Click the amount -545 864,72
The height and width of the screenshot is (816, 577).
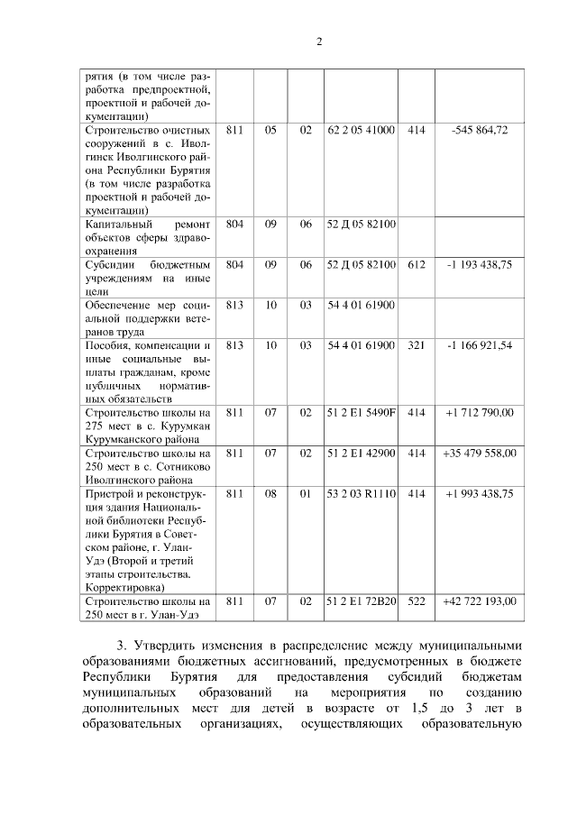[x=479, y=131]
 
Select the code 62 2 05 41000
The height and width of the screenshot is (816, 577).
[x=361, y=131]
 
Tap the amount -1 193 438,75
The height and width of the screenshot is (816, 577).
[x=479, y=265]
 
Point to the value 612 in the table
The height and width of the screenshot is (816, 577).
[x=416, y=265]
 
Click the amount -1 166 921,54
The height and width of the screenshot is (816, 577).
[x=479, y=345]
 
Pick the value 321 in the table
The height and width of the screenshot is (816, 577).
[x=416, y=345]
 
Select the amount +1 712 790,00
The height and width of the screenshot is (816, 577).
[x=479, y=413]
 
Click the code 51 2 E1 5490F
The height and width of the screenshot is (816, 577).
[x=361, y=413]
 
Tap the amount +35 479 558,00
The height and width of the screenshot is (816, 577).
[x=479, y=454]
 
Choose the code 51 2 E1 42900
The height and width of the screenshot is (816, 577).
[x=361, y=454]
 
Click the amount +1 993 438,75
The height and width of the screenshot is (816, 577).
[x=479, y=494]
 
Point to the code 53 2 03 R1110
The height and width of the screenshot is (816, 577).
[x=361, y=494]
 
